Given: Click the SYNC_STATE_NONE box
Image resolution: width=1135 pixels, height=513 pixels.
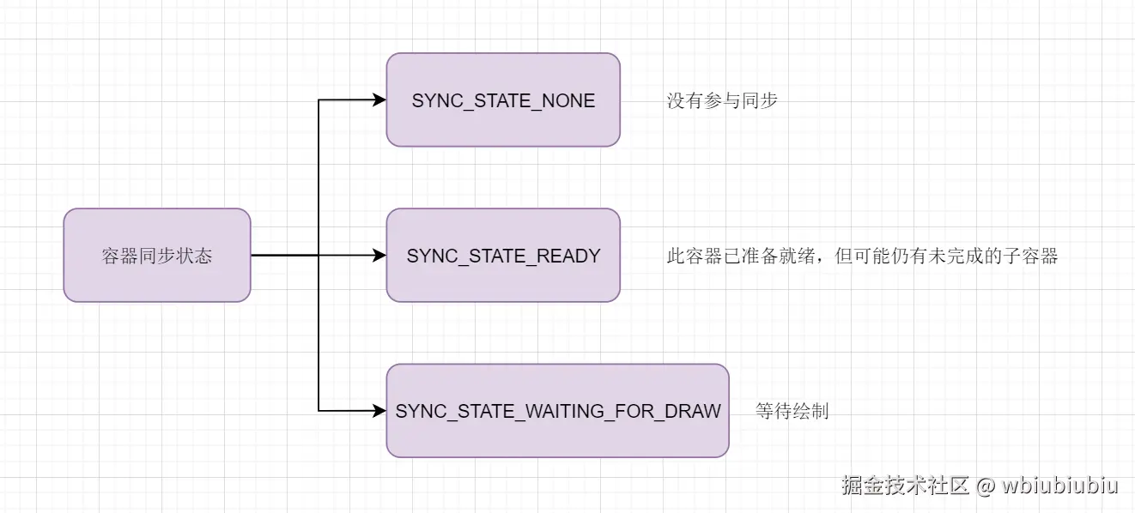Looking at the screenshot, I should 503,100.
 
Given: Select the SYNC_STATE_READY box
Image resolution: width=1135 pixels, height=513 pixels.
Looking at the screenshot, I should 503,256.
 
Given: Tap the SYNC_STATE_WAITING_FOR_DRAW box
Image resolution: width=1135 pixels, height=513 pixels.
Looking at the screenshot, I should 557,411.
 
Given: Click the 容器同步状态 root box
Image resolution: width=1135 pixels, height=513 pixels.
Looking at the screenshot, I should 157,256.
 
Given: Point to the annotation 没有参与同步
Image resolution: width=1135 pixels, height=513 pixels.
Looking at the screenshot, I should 722,100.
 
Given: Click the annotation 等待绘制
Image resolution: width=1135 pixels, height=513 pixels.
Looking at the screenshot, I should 792,411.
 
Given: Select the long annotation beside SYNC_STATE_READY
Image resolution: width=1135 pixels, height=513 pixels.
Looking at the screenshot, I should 862,256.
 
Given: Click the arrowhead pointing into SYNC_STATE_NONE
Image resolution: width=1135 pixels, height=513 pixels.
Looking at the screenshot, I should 379,100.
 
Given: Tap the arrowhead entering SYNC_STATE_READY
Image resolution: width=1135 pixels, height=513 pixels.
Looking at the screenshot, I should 379,255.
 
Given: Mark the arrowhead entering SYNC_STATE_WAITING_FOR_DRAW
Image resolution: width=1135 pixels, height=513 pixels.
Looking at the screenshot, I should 379,411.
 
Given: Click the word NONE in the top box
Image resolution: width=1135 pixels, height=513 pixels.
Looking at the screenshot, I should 568,100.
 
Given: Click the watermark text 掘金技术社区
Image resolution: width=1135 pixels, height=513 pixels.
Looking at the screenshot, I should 906,486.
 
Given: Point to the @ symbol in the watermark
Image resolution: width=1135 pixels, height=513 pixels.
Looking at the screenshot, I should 986,486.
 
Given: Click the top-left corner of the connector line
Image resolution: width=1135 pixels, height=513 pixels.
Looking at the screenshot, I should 319,100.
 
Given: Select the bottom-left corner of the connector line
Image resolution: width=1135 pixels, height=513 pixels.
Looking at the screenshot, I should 319,411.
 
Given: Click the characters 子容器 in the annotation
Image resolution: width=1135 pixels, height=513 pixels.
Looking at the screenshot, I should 1035,256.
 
